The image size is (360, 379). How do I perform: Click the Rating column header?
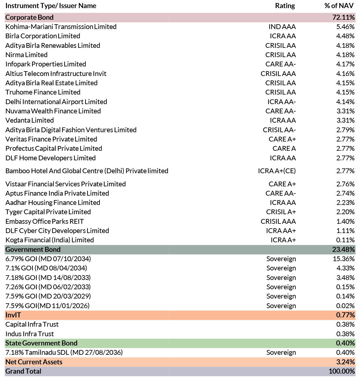tap(285, 6)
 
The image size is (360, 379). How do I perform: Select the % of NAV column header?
tap(339, 6)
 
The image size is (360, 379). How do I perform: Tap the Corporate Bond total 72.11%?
tap(343, 17)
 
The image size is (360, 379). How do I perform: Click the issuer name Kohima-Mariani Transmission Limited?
tap(61, 27)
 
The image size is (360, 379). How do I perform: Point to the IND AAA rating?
tap(282, 27)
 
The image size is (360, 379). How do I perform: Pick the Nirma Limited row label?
tap(26, 55)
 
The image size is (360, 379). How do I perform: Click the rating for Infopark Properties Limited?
tap(281, 64)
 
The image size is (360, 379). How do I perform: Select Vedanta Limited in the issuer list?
tap(30, 120)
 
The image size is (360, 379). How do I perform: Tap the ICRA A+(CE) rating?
tap(277, 171)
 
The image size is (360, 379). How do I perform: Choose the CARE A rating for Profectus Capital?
tap(284, 148)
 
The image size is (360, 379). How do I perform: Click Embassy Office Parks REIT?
tap(45, 221)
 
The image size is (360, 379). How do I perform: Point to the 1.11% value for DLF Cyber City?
tap(345, 231)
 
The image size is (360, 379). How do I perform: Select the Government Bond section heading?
tap(33, 249)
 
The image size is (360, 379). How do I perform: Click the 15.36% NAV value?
tap(344, 259)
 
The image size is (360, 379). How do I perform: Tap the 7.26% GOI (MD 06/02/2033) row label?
tap(48, 287)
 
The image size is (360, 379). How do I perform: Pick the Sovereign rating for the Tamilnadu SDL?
tap(281, 352)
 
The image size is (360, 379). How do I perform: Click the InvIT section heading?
tap(13, 315)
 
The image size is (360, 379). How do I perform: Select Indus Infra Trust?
tap(30, 334)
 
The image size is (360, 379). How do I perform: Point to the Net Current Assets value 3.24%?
tap(345, 362)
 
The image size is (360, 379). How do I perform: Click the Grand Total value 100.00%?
tap(342, 371)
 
